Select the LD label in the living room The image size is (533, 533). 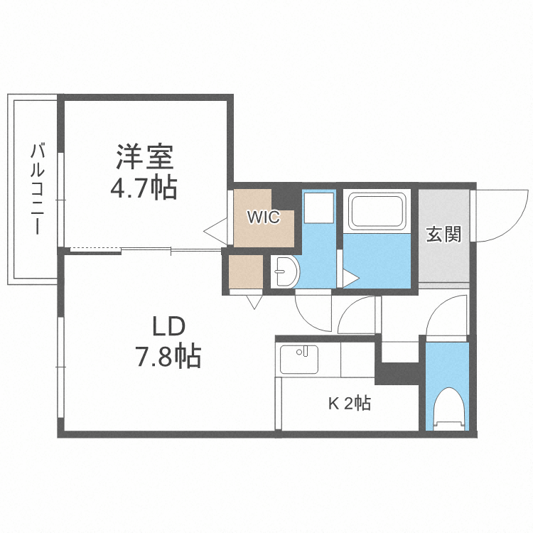pyautogui.click(x=168, y=326)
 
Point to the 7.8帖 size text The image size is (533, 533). pyautogui.click(x=168, y=355)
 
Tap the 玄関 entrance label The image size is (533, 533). pyautogui.click(x=443, y=234)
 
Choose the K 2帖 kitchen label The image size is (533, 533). pyautogui.click(x=348, y=404)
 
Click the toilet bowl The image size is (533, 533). pyautogui.click(x=448, y=408)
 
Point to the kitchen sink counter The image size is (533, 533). pyautogui.click(x=303, y=360)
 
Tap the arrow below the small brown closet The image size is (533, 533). pyautogui.click(x=253, y=301)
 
